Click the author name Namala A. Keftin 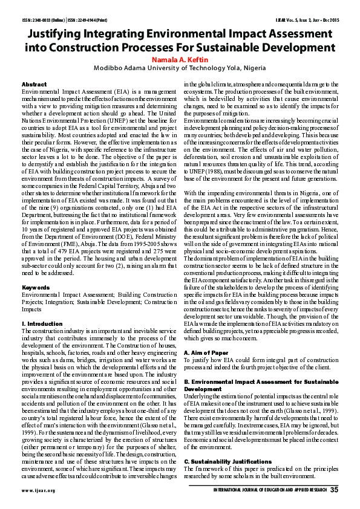(x=180, y=60)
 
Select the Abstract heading (x=34, y=84)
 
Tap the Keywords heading (x=36, y=287)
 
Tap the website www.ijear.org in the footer (x=38, y=490)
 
